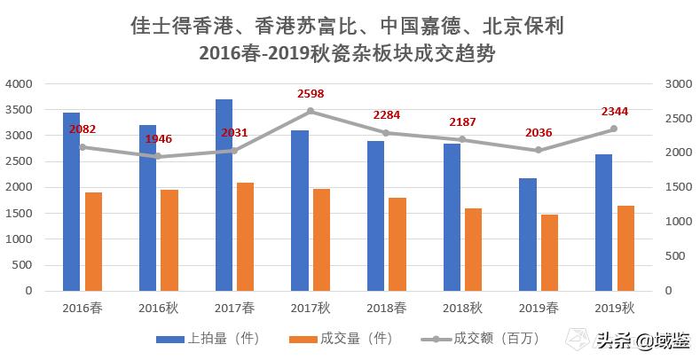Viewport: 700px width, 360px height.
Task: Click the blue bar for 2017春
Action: pos(224,195)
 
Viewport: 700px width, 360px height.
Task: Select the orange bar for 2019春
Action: pos(549,253)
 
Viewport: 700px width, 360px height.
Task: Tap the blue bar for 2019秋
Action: pos(603,223)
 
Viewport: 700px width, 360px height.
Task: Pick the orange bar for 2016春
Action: pos(93,241)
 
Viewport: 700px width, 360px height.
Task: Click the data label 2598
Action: pos(311,93)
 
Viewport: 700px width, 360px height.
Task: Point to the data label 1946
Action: pos(158,139)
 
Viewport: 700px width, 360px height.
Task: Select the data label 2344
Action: pos(614,111)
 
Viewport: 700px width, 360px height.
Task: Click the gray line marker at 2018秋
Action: pos(462,139)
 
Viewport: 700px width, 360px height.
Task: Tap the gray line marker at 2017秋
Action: pos(311,111)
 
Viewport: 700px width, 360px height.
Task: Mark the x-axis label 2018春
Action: pos(386,308)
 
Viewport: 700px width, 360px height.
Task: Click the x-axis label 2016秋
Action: pos(158,308)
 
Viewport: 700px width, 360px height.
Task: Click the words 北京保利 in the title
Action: pos(523,22)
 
